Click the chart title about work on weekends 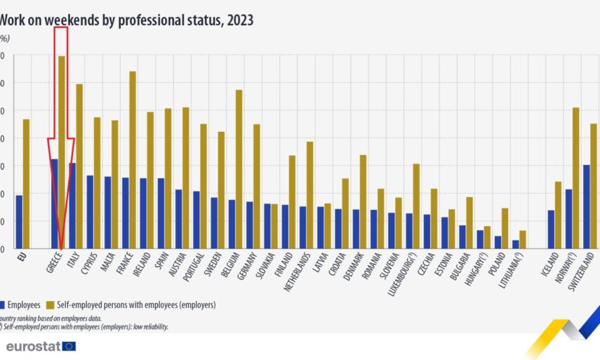127,20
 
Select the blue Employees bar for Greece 54,204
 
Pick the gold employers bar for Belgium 239,169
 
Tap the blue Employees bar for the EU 19,222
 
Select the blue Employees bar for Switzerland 586,206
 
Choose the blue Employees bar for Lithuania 515,244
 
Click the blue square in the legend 3,305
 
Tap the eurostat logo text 32,347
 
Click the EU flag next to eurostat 69,346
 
